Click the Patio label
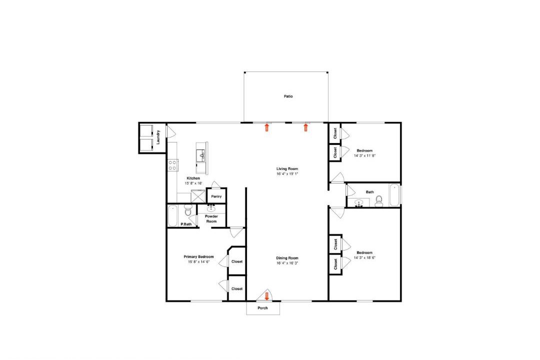[288, 96]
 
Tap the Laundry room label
[158, 137]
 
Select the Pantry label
[216, 196]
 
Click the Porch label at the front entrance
[263, 308]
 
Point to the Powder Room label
[211, 219]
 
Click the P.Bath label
[186, 224]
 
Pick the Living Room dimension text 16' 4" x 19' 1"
[287, 174]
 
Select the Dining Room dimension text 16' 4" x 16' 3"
[287, 263]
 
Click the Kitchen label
[193, 178]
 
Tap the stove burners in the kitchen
[173, 165]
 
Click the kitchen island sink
[200, 155]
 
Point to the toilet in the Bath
[379, 201]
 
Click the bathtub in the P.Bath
[172, 216]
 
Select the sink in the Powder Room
[211, 208]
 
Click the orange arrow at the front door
[266, 296]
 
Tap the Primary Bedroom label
[198, 256]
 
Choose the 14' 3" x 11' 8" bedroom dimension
[364, 155]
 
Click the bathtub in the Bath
[394, 195]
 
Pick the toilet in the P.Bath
[188, 210]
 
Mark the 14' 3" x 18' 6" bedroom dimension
[364, 257]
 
